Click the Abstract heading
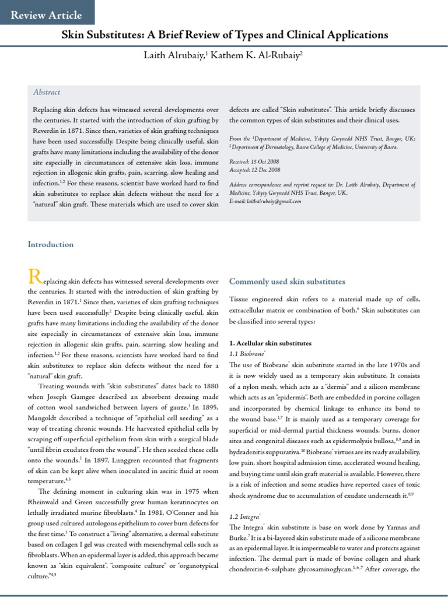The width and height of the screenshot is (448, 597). pos(46,92)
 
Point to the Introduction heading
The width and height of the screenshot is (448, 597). pos(51,244)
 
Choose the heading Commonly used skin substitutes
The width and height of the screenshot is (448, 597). pos(287,282)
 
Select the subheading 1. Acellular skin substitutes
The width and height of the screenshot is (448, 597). pos(270,343)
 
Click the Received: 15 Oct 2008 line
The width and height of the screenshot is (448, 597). pos(255,160)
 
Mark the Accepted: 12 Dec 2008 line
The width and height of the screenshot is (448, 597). pos(255,170)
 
